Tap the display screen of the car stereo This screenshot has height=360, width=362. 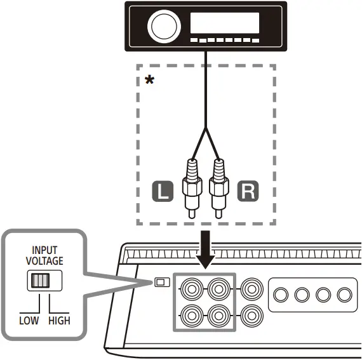click(x=225, y=23)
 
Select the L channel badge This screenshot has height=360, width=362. click(x=163, y=191)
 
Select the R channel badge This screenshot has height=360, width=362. click(x=248, y=191)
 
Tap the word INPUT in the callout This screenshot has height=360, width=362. click(x=44, y=250)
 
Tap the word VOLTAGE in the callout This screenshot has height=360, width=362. click(x=44, y=260)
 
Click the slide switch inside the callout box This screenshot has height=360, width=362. click(x=39, y=281)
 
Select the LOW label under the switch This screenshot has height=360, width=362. click(x=29, y=321)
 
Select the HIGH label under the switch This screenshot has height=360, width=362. click(x=59, y=321)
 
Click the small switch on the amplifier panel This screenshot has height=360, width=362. click(x=161, y=282)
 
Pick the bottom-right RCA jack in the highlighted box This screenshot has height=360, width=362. click(x=220, y=314)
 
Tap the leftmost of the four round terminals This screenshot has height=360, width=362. click(x=281, y=295)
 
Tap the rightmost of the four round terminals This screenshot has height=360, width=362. click(x=344, y=295)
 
